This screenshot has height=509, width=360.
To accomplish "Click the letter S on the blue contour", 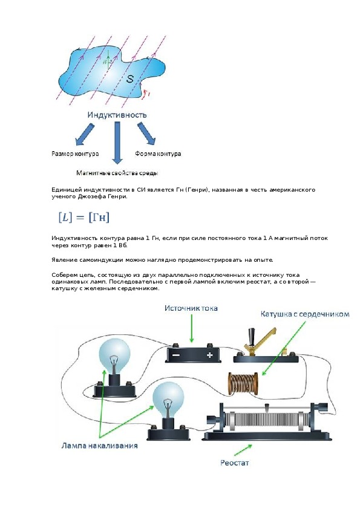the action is [x=130, y=79].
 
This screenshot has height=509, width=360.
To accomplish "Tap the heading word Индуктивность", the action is [x=117, y=115].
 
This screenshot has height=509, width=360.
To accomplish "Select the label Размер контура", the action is [x=75, y=154].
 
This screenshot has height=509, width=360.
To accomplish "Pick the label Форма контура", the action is [x=158, y=154].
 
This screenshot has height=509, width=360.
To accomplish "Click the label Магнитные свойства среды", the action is [x=117, y=173].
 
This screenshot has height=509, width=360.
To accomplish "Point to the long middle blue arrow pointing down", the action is [x=117, y=142].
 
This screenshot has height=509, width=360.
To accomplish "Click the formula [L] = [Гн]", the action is [x=84, y=217].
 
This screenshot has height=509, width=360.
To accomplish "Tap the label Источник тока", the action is [x=191, y=308].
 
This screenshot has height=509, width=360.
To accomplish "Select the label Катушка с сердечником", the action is [x=305, y=314].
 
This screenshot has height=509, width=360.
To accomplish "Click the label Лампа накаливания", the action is [x=99, y=446].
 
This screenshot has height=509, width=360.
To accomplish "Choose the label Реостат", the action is [x=234, y=462].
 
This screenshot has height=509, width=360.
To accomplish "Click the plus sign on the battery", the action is [x=209, y=355].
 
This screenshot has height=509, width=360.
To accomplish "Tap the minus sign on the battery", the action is [x=176, y=355].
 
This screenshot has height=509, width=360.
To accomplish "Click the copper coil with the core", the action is [x=243, y=383].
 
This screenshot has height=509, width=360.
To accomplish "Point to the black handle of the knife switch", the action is [x=252, y=336].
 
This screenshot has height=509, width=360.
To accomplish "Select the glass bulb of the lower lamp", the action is [x=168, y=398].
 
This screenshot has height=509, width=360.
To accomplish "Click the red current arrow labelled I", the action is [x=146, y=94].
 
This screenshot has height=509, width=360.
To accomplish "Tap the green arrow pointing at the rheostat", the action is [x=243, y=450].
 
